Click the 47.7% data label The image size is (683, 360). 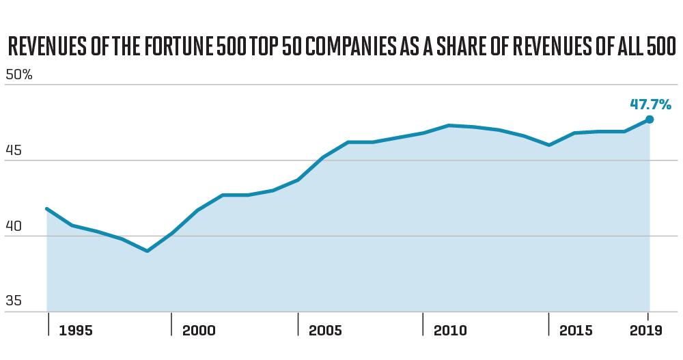651,105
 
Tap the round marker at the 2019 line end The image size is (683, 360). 650,120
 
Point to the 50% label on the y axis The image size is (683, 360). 18,74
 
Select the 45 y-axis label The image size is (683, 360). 13,150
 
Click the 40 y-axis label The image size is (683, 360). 13,226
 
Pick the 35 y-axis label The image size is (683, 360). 13,301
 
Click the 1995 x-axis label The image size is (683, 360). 76,331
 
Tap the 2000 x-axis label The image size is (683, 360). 199,331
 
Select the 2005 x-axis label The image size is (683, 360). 325,331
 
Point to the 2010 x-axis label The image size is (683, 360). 450,331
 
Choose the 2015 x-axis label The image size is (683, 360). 576,331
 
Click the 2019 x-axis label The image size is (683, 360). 646,331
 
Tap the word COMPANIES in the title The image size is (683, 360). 350,47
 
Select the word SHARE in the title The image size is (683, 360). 461,47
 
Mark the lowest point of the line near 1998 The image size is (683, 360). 148,251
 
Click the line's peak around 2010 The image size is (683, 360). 449,126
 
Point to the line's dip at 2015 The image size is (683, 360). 549,145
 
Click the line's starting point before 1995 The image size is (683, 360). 46,209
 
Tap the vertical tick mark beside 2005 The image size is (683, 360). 298,324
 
